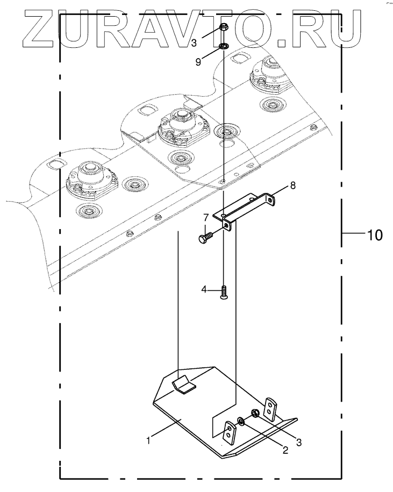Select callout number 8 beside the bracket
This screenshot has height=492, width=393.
click(x=292, y=186)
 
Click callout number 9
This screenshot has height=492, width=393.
click(x=198, y=62)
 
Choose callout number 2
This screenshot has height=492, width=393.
click(x=285, y=451)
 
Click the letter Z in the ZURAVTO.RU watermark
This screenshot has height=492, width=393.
click(x=39, y=25)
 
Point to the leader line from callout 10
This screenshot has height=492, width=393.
click(x=355, y=234)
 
